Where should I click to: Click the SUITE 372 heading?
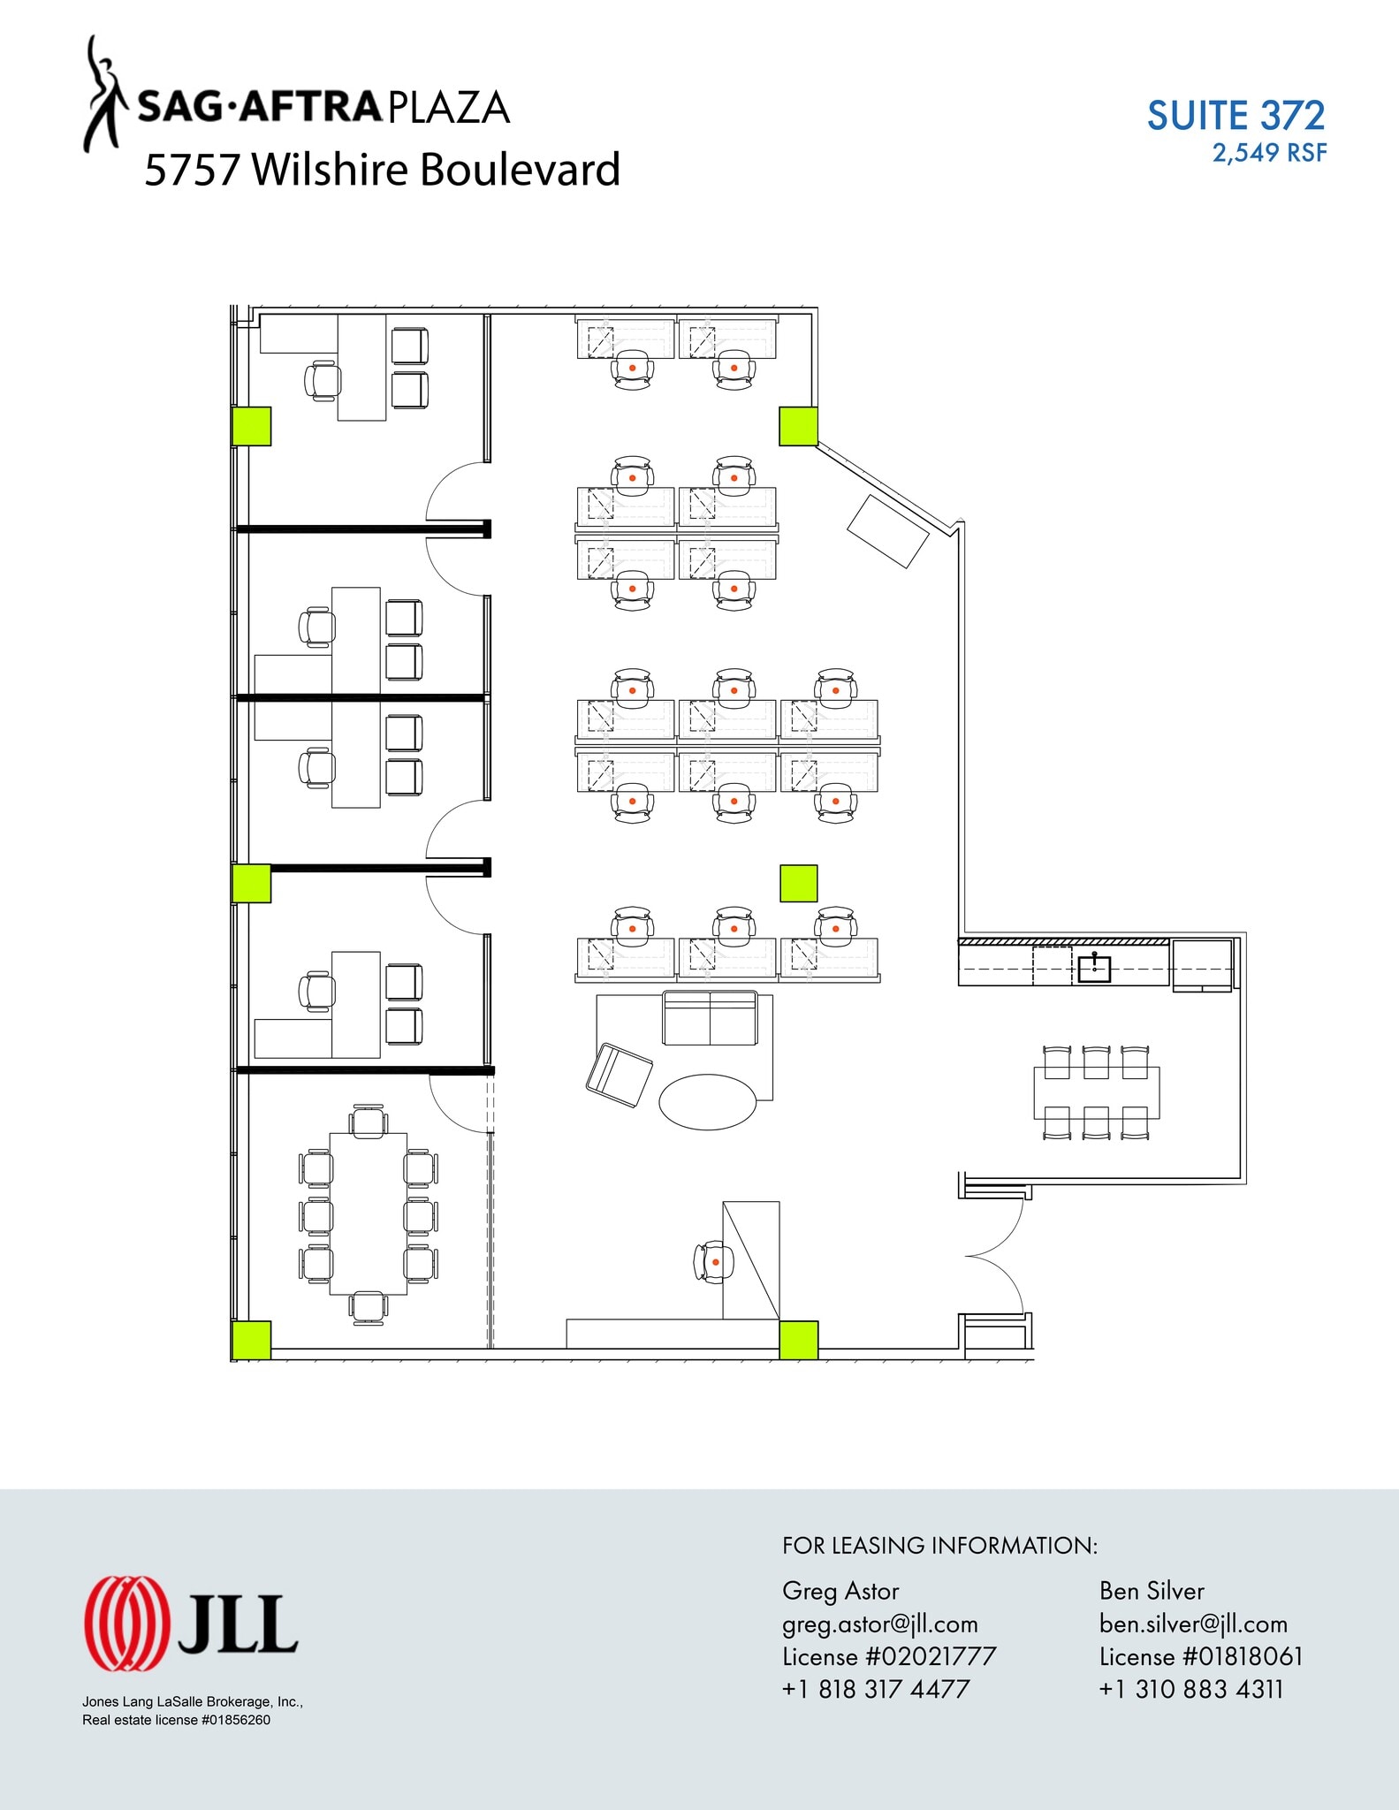tap(1236, 116)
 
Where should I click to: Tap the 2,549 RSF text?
tap(1269, 153)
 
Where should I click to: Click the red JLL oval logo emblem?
tap(125, 1624)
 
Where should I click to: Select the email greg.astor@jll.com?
tap(879, 1624)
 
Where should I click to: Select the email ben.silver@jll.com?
tap(1193, 1624)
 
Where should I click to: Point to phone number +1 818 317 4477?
tap(875, 1689)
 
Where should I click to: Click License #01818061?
tap(1200, 1656)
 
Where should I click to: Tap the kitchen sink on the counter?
tap(1094, 969)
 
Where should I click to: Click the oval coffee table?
tap(708, 1101)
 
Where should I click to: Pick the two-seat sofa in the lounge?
tap(711, 1018)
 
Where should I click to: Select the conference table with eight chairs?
tap(369, 1213)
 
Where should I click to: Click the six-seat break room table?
tap(1096, 1093)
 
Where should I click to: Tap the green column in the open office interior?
tap(798, 884)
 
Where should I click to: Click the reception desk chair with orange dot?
tap(714, 1262)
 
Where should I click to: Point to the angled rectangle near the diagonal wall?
tap(888, 531)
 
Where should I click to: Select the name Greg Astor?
tap(840, 1591)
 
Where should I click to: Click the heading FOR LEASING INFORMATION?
tap(939, 1546)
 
